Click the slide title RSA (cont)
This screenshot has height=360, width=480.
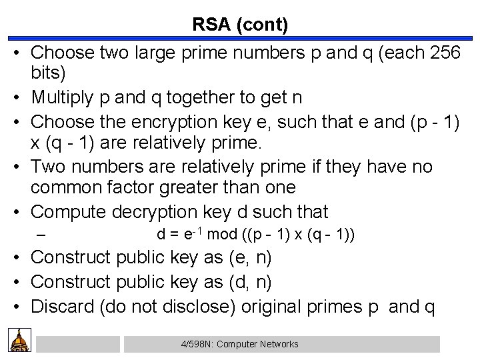coord(240,25)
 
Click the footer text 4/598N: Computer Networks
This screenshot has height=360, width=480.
coord(239,344)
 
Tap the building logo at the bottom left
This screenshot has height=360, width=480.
coord(19,341)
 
